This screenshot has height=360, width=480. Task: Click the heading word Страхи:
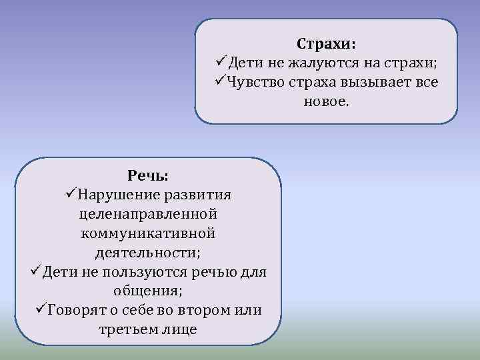(326, 44)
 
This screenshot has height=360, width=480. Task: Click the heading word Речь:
(148, 175)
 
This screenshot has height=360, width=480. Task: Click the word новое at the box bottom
(325, 102)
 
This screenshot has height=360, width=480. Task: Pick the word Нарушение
(118, 195)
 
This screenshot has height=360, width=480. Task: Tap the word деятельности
(147, 253)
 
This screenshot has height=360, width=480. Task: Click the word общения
(147, 291)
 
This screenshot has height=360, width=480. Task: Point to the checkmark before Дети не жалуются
(221, 63)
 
